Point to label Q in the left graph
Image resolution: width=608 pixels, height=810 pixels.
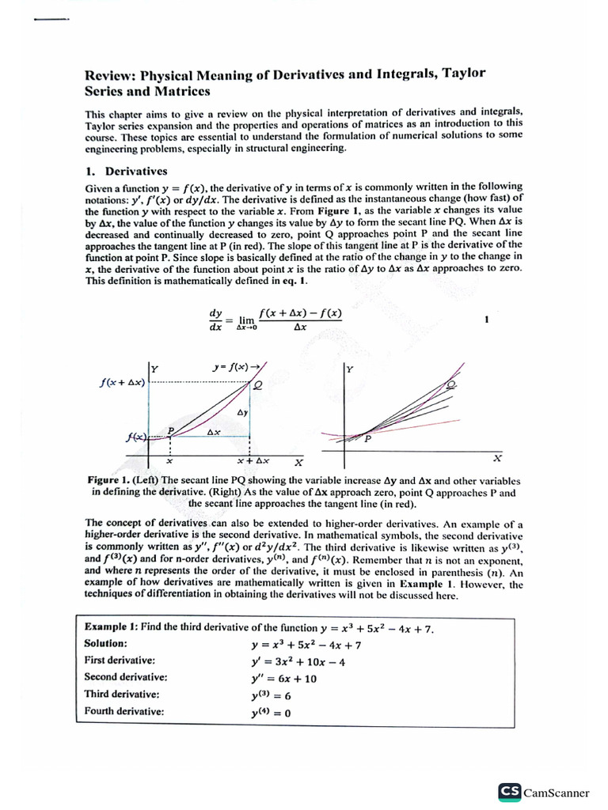tap(256, 386)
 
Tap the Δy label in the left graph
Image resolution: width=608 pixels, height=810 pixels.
tap(242, 413)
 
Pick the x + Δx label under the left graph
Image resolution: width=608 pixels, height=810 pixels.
tap(253, 460)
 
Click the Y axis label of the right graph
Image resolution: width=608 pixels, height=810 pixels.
tap(350, 369)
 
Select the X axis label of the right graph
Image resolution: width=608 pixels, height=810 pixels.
tap(497, 458)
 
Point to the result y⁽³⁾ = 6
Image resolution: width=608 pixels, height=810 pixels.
tap(271, 695)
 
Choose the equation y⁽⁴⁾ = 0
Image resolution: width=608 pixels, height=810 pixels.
tap(271, 713)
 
